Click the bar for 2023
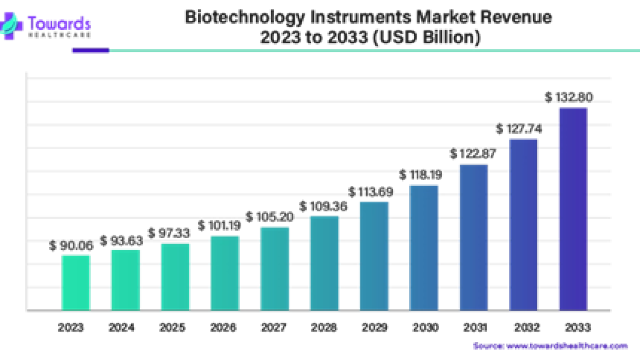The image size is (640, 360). tap(76, 282)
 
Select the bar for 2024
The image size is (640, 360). tap(126, 279)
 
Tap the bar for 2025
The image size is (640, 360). tap(176, 276)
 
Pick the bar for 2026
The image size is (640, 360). tap(225, 272)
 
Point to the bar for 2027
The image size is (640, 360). tap(275, 268)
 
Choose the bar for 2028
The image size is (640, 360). tap(324, 263)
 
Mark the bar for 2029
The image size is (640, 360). tap(374, 256)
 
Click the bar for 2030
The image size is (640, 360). tap(424, 248)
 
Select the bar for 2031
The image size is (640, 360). tap(473, 237)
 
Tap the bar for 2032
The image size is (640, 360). tap(524, 224)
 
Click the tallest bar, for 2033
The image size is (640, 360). tap(573, 208)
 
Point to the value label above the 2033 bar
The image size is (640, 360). tap(569, 96)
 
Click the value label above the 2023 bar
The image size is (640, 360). tap(71, 246)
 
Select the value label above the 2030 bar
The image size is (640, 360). tap(420, 175)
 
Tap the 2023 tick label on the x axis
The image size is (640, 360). tap(71, 328)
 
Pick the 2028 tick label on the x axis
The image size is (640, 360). tap(324, 328)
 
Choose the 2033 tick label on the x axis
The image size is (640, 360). tap(578, 328)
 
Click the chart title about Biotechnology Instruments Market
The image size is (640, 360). tap(368, 28)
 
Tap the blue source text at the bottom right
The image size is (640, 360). tap(550, 346)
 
